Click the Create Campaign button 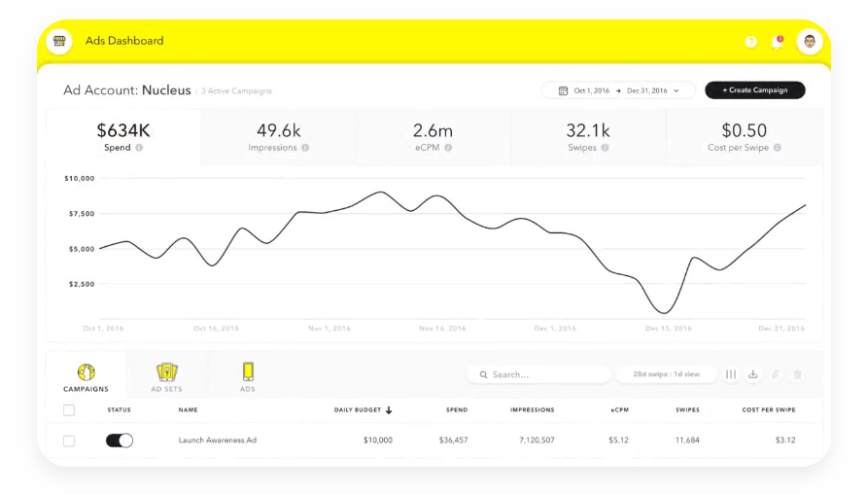coord(754,90)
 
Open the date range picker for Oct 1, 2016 coord(618,90)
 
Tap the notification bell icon coord(777,42)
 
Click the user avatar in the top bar coord(809,42)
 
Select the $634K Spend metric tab coord(123,137)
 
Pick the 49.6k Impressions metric coord(278,137)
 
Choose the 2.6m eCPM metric coord(433,137)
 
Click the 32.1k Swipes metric coord(588,137)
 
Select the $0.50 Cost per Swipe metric coord(744,137)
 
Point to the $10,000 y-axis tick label coord(79,178)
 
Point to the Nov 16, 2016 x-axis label coord(443,329)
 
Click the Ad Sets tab coord(167,377)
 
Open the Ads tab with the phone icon coord(248,377)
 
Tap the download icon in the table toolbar coord(752,374)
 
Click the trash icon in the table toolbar coord(797,374)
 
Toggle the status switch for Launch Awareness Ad coord(120,441)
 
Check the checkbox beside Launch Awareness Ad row coord(69,441)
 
